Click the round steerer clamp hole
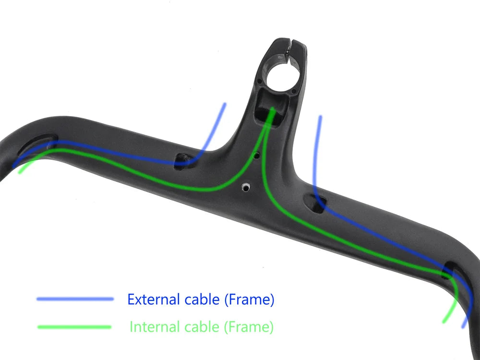click(x=282, y=76)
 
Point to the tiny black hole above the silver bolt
click(x=257, y=156)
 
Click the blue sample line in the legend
click(x=75, y=299)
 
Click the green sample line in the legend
click(x=74, y=327)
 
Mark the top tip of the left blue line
click(x=224, y=104)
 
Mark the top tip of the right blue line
click(x=320, y=117)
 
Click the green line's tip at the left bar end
click(x=19, y=172)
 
